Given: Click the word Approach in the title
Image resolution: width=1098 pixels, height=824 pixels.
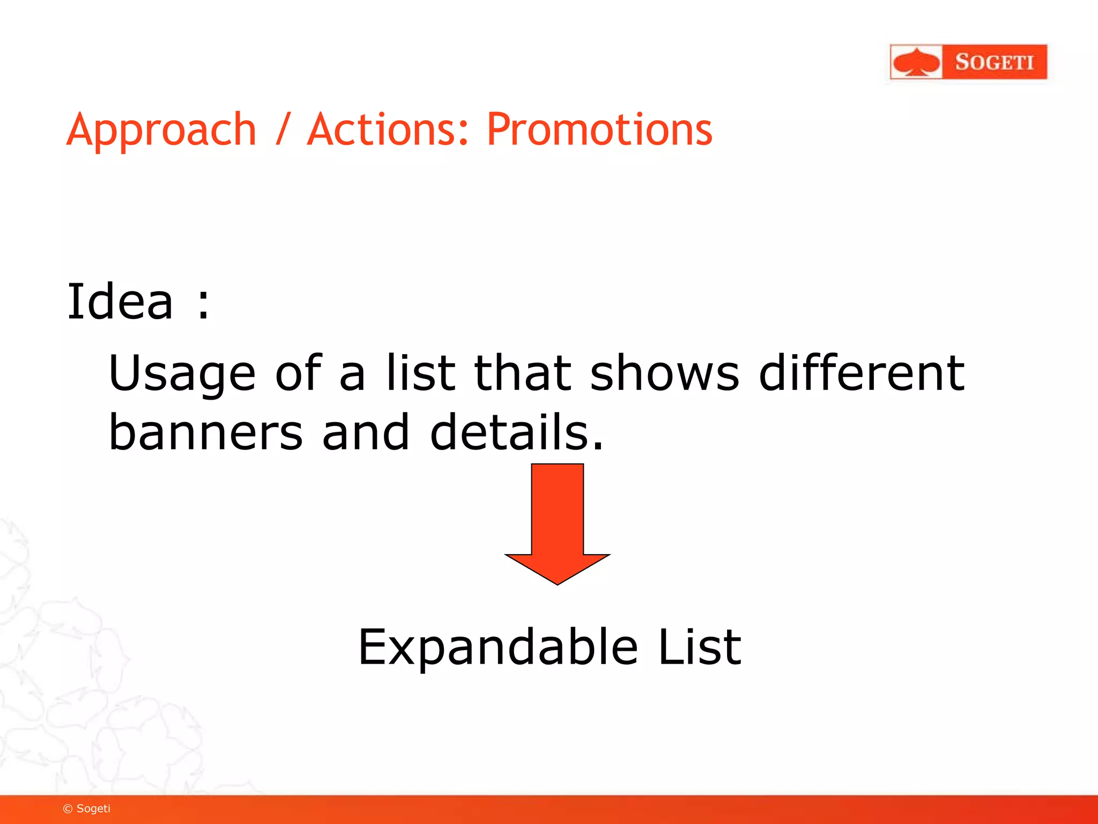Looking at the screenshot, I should coord(161,130).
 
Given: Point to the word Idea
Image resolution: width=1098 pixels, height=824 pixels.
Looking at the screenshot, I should coord(120,301).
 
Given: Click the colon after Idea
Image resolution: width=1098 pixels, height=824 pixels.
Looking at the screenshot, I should coord(203,304).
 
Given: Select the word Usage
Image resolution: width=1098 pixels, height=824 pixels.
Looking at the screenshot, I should coord(182,373).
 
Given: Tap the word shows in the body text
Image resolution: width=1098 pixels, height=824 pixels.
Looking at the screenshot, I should coord(664,372).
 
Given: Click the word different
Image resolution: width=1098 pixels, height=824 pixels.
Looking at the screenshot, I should coord(862,372).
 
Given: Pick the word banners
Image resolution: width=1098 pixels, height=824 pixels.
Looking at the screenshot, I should coord(206,432).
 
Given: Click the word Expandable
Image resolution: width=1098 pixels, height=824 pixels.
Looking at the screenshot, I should coord(498,647).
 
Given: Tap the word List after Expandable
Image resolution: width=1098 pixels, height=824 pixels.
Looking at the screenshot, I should coord(699,647).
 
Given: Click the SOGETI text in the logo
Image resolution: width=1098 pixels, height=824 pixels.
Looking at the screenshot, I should coord(994,62).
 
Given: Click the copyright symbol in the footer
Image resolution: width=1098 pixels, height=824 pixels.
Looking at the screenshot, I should coord(68,809).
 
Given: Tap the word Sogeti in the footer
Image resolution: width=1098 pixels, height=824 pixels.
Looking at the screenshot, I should coord(93,808).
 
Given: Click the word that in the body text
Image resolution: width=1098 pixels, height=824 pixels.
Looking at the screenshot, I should coord(523,372).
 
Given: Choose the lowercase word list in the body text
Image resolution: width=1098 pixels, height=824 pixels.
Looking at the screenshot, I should coord(420,372).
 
